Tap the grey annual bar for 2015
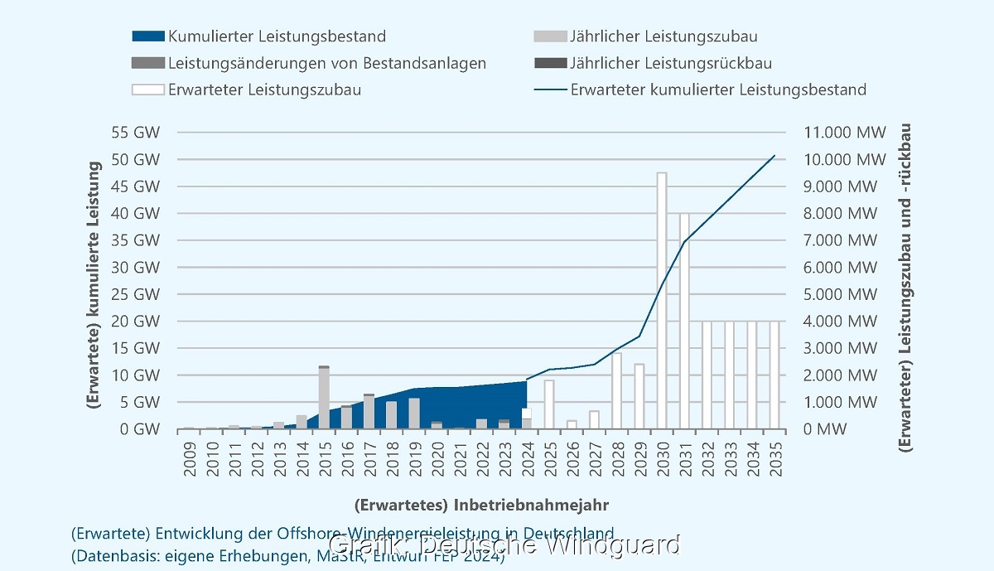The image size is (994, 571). click(x=324, y=398)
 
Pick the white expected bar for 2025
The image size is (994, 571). click(x=549, y=404)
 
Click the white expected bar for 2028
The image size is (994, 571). click(x=617, y=390)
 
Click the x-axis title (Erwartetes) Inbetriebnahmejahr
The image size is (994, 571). click(x=485, y=504)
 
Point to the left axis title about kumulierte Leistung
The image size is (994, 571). click(x=94, y=283)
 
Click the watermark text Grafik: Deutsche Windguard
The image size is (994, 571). click(x=505, y=545)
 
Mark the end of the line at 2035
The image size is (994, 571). click(x=774, y=156)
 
